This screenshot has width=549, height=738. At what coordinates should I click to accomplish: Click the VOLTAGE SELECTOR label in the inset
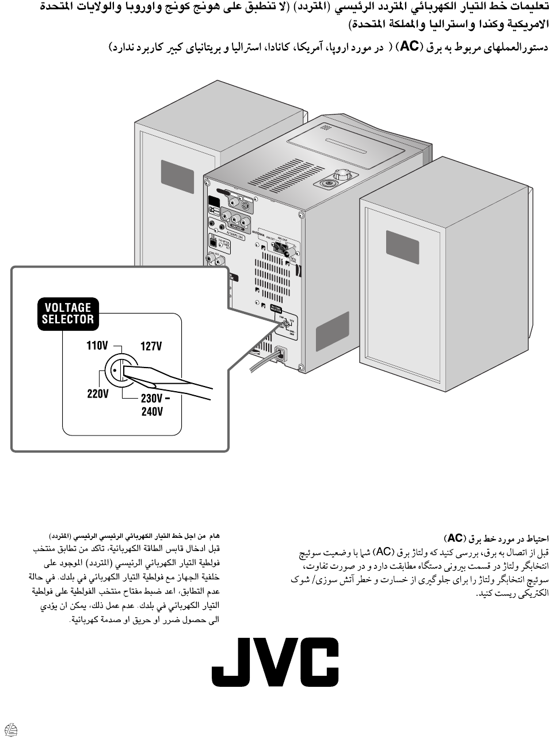click(x=68, y=313)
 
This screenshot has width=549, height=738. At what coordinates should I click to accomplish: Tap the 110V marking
click(x=97, y=346)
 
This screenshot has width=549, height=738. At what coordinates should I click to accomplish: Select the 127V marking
click(x=151, y=346)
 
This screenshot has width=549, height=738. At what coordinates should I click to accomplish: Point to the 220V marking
click(x=97, y=394)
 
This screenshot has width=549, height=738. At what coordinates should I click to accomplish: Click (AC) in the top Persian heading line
click(x=409, y=47)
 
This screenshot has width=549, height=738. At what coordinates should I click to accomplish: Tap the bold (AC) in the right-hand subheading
click(x=455, y=538)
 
